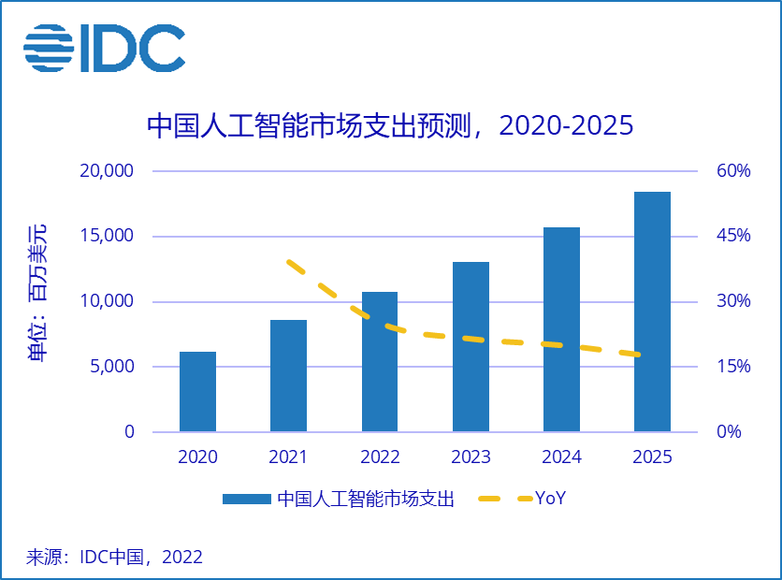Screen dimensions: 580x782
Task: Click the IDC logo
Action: [x=104, y=48]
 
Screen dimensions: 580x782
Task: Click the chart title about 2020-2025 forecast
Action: [x=390, y=125]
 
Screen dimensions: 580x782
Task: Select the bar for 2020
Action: [x=197, y=392]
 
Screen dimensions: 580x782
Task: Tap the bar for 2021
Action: [x=288, y=376]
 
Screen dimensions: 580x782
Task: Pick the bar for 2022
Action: [x=379, y=362]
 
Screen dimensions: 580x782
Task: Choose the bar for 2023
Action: [x=471, y=347]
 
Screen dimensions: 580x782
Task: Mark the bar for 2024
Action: [x=561, y=329]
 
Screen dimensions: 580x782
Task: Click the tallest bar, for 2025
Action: [x=652, y=312]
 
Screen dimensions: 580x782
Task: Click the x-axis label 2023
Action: [x=471, y=457]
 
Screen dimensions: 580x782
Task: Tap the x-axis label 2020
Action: [x=197, y=457]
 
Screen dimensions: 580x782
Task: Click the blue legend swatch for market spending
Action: [x=246, y=500]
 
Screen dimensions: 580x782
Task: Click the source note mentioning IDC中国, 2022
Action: [x=113, y=558]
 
